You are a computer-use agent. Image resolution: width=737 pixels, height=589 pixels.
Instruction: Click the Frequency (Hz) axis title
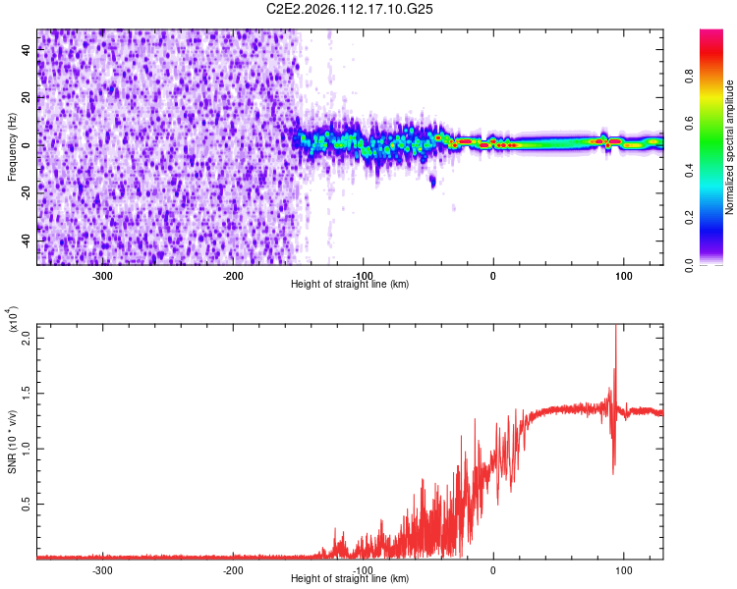pyautogui.click(x=11, y=147)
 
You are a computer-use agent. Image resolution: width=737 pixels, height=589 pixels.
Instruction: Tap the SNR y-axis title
pyautogui.click(x=12, y=442)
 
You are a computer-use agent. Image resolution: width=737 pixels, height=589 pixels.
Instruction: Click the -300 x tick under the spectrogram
pyautogui.click(x=104, y=275)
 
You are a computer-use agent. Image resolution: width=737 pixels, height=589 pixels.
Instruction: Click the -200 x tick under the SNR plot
pyautogui.click(x=233, y=569)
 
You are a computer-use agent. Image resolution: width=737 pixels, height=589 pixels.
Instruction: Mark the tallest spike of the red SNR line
pyautogui.click(x=616, y=328)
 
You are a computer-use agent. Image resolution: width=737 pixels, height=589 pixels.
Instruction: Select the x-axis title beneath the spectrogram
pyautogui.click(x=350, y=284)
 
